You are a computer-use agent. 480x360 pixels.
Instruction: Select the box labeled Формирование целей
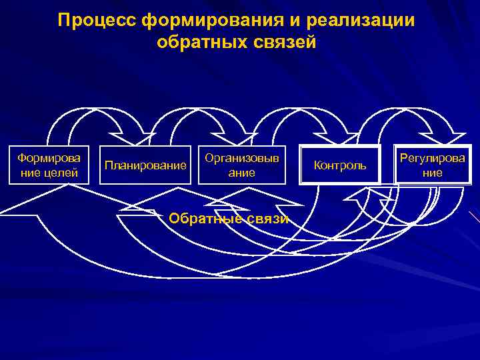(48, 165)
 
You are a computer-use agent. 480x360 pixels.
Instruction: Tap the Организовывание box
(241, 165)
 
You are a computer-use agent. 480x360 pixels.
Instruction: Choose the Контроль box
(340, 165)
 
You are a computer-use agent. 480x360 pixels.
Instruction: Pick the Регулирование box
(431, 165)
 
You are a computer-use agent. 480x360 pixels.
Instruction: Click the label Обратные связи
(229, 219)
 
